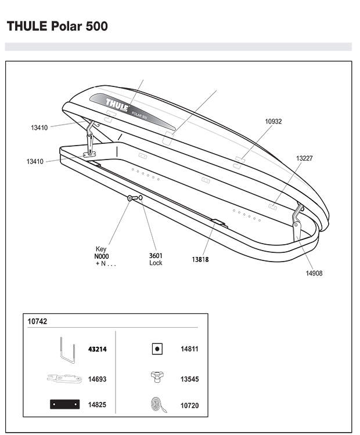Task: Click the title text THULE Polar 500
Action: (57, 26)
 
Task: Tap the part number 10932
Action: (273, 122)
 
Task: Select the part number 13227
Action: (304, 158)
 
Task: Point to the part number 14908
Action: (314, 273)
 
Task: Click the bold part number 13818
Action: (200, 259)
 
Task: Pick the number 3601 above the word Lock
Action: (156, 256)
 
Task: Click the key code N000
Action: (102, 256)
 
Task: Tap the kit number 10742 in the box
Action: (37, 321)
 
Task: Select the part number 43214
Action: (98, 349)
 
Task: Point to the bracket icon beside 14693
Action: (64, 379)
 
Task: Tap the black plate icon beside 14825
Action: (64, 404)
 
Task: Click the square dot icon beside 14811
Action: (157, 349)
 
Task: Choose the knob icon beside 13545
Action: (157, 377)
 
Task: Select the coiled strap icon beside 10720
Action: (159, 405)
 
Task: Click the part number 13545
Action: (190, 379)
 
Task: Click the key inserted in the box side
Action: (132, 198)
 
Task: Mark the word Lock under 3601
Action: (156, 263)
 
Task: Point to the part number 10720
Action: (190, 405)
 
